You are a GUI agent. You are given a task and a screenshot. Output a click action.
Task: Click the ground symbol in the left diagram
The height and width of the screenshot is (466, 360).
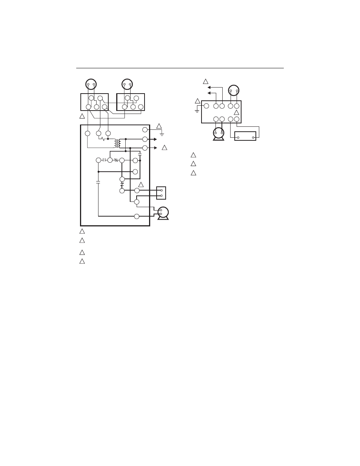pyautogui.click(x=162, y=134)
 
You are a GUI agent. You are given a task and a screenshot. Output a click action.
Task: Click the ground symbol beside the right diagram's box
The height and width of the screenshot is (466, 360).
pyautogui.click(x=197, y=110)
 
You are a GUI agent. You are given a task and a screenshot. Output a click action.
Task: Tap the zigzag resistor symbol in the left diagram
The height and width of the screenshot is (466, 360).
pyautogui.click(x=103, y=139)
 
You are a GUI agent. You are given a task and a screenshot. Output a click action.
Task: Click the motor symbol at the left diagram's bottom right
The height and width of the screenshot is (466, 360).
pyautogui.click(x=163, y=213)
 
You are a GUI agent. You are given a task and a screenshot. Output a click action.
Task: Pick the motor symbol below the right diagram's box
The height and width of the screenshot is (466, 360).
pyautogui.click(x=218, y=134)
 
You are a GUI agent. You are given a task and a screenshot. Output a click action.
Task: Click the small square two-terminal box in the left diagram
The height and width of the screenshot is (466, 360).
pyautogui.click(x=161, y=193)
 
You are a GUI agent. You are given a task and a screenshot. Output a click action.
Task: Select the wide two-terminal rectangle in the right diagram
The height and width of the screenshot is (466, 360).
pyautogui.click(x=245, y=136)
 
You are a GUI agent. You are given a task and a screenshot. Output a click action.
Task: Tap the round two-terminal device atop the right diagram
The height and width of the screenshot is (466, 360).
pyautogui.click(x=234, y=91)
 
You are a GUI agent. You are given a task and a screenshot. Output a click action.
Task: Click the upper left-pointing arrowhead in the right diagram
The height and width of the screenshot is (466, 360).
pyautogui.click(x=209, y=87)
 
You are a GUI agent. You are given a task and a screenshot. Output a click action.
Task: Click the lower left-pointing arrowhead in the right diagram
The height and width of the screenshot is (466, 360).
pyautogui.click(x=209, y=93)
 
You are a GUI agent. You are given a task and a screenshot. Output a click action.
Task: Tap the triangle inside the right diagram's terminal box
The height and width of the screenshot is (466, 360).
pyautogui.click(x=237, y=112)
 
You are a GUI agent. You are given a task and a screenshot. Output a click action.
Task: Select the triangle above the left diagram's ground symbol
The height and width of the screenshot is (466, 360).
pyautogui.click(x=159, y=126)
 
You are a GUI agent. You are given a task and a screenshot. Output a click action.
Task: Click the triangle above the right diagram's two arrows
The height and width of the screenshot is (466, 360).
pyautogui.click(x=206, y=81)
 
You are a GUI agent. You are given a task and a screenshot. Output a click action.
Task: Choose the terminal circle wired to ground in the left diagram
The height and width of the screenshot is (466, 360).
pyautogui.click(x=145, y=130)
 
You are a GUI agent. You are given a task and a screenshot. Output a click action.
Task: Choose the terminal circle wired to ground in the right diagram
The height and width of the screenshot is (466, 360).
pyautogui.click(x=206, y=106)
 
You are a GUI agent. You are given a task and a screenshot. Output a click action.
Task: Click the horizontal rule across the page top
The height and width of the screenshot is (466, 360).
pyautogui.click(x=180, y=68)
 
